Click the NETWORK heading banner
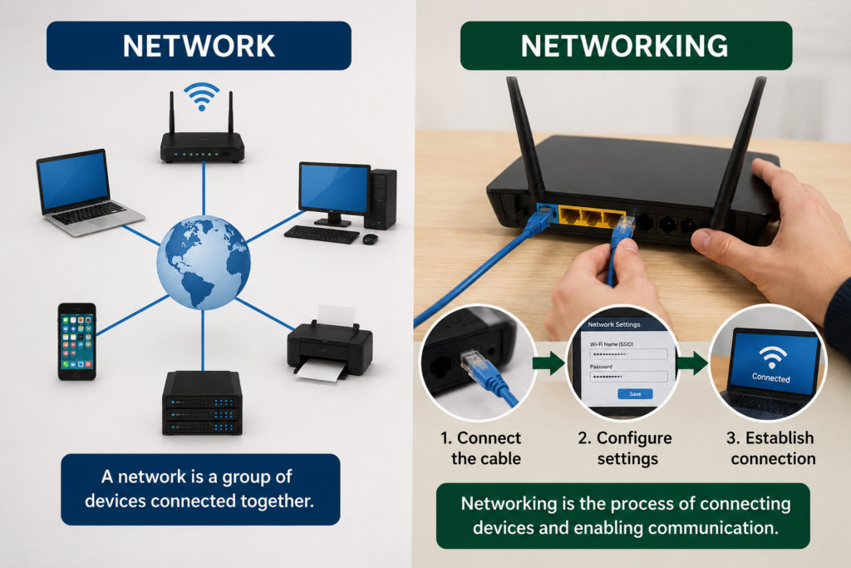199,46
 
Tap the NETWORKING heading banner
626,46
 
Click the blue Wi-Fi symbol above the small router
201,96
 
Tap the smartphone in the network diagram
77,342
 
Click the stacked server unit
202,403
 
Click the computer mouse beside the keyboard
370,239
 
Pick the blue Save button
635,393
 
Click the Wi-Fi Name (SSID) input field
628,354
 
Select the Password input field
628,377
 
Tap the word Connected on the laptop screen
770,378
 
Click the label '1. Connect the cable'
481,448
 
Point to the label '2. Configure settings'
625,448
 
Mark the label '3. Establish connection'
770,448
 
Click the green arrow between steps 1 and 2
548,363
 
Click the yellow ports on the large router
591,217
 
